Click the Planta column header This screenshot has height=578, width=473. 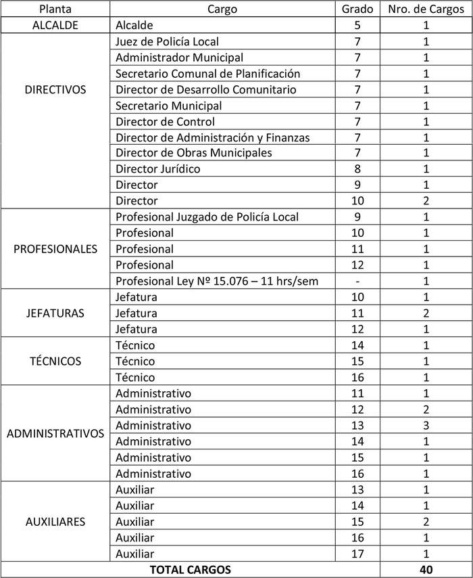point(55,9)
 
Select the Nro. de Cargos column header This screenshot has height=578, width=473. point(426,9)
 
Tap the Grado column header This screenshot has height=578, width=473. point(357,9)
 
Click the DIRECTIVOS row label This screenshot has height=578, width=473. point(55,89)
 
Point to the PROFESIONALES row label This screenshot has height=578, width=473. point(55,248)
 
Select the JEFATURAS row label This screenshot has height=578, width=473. point(55,313)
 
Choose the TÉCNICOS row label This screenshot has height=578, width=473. point(55,361)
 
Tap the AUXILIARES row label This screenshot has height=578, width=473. point(55,522)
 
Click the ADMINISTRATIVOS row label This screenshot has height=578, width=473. point(55,433)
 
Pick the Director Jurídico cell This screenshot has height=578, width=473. point(157,169)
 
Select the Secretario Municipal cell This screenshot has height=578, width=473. point(168,106)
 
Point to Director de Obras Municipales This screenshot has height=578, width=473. point(193,153)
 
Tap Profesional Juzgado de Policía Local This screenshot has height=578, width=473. point(207,217)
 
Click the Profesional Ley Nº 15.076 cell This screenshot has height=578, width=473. point(216,281)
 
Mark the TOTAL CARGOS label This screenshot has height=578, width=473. point(190,569)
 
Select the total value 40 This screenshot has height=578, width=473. point(426,569)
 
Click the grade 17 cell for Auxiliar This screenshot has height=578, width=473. point(357,554)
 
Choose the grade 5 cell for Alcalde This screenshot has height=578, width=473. point(357,26)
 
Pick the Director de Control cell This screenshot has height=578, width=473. point(165,122)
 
